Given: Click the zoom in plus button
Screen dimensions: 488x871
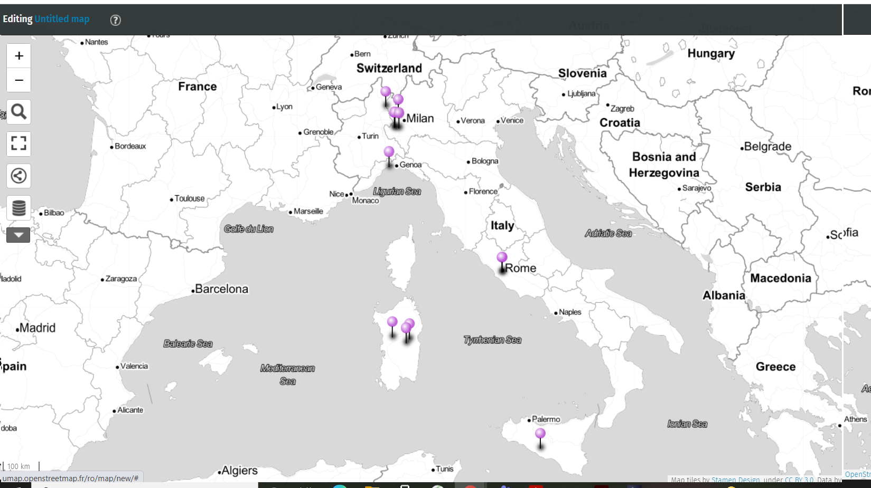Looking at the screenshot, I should click(19, 56).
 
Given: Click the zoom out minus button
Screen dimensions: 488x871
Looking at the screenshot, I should click(19, 80).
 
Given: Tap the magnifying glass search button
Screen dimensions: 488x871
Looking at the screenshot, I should click(19, 112).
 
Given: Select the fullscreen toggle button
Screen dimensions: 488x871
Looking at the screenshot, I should click(19, 143).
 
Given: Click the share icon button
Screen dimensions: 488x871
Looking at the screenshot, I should click(19, 176).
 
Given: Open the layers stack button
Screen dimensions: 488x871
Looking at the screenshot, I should click(19, 208).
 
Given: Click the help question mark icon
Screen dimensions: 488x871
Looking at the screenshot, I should click(115, 20).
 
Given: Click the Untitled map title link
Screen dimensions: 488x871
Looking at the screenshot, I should click(62, 19).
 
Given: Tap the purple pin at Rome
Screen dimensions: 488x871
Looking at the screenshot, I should click(502, 257).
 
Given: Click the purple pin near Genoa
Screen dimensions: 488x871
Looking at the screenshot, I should click(389, 152).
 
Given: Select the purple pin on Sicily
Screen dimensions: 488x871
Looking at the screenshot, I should click(540, 434).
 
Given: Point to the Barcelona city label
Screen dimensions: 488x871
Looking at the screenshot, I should click(221, 289).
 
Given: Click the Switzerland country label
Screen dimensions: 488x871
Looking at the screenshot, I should click(389, 68).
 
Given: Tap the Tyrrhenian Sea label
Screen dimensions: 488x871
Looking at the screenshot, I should click(492, 340).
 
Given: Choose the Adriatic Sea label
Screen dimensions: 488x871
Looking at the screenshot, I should click(608, 233).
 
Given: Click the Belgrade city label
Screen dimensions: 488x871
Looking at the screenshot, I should click(767, 147).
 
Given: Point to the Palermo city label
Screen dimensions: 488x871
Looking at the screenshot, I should click(546, 419).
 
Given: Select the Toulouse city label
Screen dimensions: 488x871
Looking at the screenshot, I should click(189, 198).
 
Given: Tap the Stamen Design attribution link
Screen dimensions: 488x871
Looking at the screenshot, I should click(735, 480).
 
